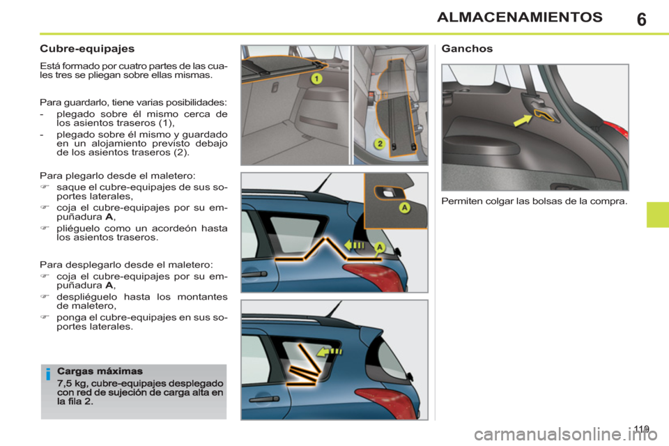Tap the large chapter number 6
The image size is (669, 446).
coord(640,19)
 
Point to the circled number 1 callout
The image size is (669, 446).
coord(316,79)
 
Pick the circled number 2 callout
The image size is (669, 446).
coord(379,144)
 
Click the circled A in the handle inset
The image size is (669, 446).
coord(403,208)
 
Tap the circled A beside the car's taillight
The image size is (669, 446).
coord(380,247)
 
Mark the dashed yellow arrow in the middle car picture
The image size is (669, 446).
coord(355,245)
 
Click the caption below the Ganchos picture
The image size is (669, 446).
coord(534,202)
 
